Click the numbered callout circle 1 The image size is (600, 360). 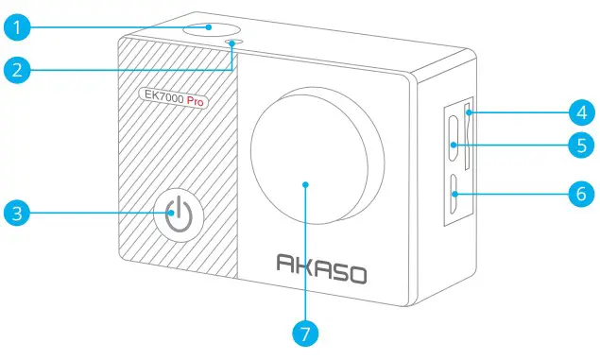[x=17, y=26]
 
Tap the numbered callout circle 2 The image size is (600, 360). [x=17, y=68]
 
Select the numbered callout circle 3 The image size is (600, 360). [x=17, y=213]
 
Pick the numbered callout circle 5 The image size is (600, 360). [x=581, y=145]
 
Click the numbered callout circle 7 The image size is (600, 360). [x=305, y=333]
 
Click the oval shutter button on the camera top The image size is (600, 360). [x=209, y=26]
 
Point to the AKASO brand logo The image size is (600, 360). [x=320, y=267]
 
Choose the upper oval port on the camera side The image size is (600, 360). [x=454, y=145]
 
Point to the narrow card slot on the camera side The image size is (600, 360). [x=469, y=142]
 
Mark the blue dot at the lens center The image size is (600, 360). [x=306, y=184]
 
